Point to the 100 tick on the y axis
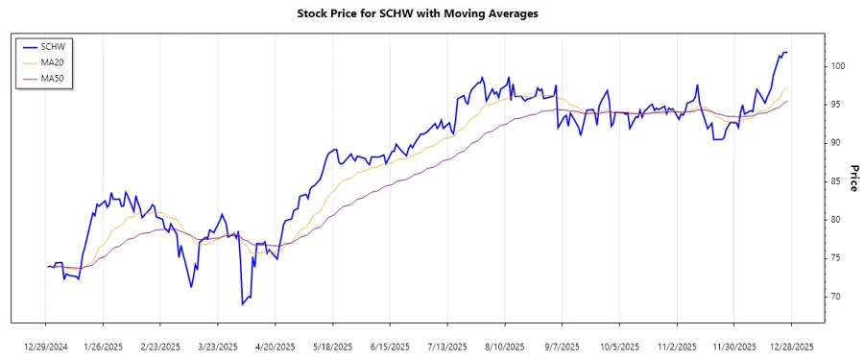click(x=836, y=65)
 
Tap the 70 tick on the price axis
click(x=836, y=296)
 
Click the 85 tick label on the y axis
click(x=836, y=180)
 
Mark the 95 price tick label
click(x=836, y=104)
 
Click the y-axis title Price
click(x=852, y=178)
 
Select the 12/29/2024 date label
click(x=45, y=347)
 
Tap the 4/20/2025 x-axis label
click(x=276, y=347)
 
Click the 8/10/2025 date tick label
click(x=505, y=347)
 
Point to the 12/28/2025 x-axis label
click(x=792, y=347)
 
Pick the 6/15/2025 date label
click(x=390, y=347)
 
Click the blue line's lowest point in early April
click(x=243, y=304)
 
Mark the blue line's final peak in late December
click(x=785, y=52)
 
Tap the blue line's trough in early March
click(x=191, y=287)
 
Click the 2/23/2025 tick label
click(x=160, y=347)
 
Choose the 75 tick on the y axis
click(x=836, y=257)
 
